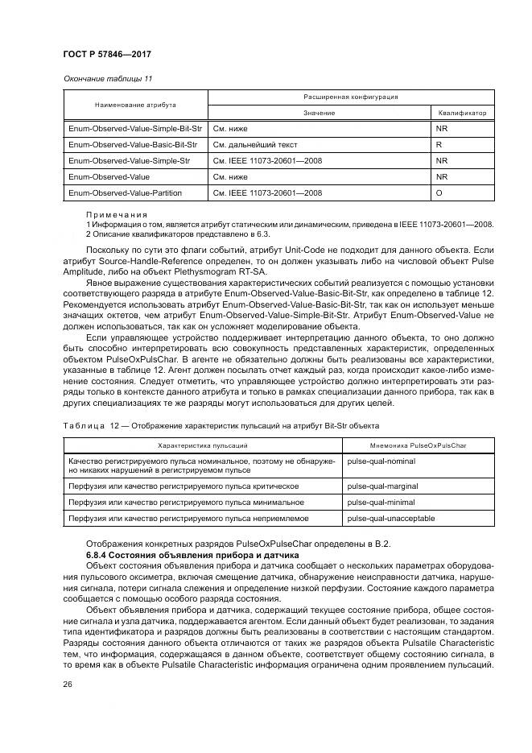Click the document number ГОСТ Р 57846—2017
107,54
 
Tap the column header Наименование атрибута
135,105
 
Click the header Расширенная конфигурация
350,97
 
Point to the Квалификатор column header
462,113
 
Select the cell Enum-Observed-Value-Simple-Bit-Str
134,128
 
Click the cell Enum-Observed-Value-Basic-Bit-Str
133,144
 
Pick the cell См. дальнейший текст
255,144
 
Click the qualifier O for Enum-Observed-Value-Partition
439,193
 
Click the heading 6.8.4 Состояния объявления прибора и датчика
192,556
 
